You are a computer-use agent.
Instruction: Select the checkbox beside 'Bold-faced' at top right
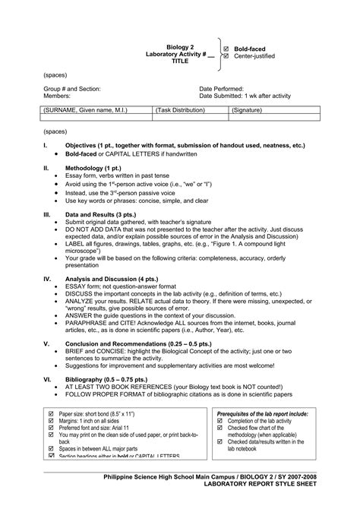tap(226, 47)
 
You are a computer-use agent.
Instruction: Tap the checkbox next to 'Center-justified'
tap(226, 55)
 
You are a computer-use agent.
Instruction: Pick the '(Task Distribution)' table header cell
tap(180, 110)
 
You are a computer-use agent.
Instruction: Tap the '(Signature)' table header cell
tap(248, 110)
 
